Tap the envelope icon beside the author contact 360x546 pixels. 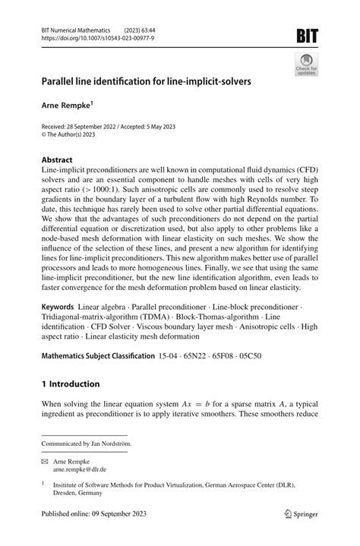[46, 459]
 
